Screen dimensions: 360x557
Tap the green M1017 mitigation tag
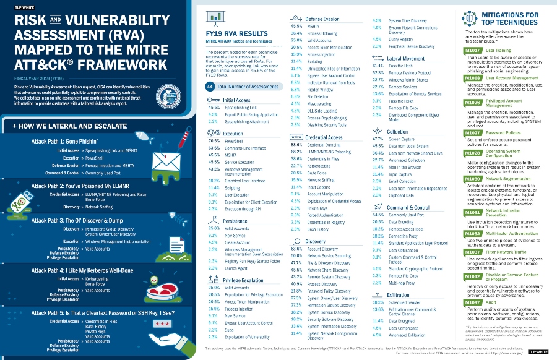pyautogui.click(x=472, y=49)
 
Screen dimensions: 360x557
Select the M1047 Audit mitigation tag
pyautogui.click(x=472, y=303)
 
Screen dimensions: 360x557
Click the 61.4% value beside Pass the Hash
pyautogui.click(x=378, y=65)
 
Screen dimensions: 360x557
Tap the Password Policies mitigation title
pyautogui.click(x=503, y=132)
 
